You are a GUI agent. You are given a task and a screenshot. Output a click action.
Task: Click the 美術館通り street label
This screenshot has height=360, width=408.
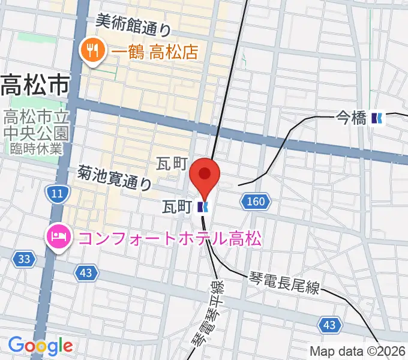point(134,24)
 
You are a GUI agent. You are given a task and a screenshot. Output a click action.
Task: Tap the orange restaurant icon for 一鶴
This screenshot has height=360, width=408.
point(92,50)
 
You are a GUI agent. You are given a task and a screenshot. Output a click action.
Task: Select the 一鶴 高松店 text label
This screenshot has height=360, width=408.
point(154,51)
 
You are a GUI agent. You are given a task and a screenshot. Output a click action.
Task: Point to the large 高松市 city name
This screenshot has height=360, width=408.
point(35,86)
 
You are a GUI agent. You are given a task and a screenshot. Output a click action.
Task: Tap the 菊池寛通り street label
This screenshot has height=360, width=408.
point(114,178)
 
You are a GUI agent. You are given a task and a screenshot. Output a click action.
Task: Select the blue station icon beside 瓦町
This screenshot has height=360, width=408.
point(202,208)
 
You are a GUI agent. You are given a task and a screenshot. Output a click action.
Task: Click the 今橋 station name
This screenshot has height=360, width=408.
point(350,119)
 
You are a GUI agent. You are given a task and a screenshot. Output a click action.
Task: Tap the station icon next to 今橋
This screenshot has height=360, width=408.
point(377,119)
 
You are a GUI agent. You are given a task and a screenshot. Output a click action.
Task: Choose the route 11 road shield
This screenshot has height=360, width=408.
point(57,193)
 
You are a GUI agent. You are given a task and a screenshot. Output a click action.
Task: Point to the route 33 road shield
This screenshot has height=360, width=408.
point(24,259)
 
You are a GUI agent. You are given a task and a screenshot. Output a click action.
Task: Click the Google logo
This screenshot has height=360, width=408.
point(40,346)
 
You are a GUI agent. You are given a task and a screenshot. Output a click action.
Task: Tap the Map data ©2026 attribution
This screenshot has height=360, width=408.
point(358,352)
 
